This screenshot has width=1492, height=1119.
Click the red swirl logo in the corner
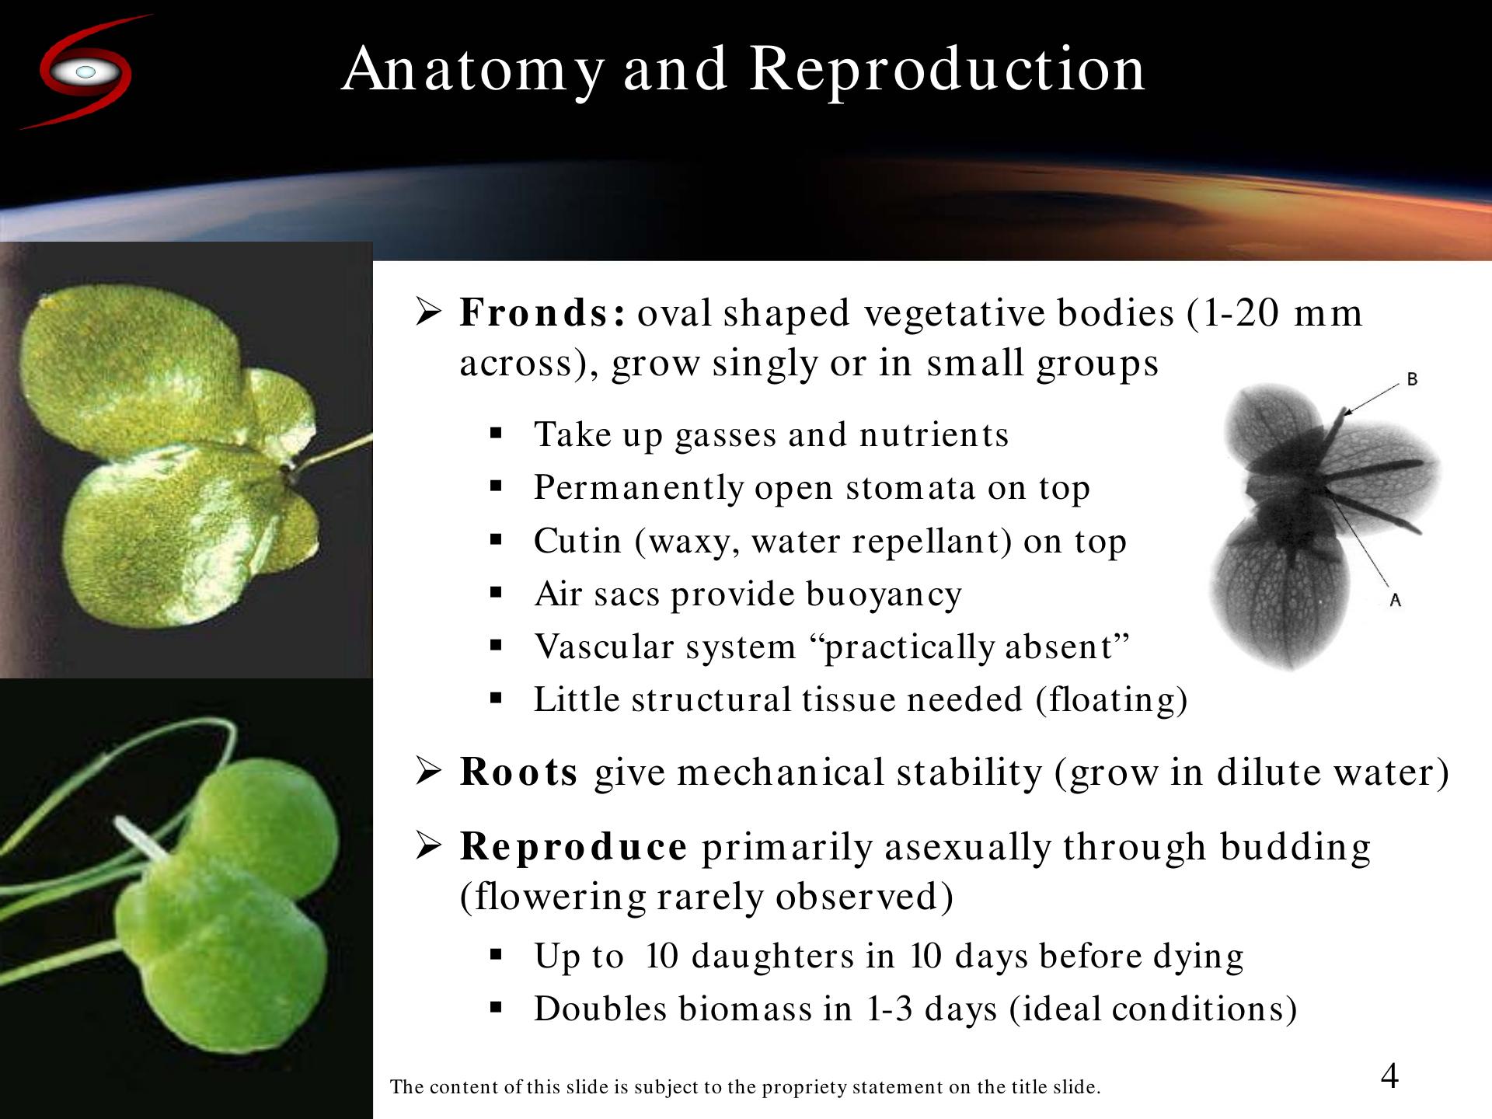click(x=84, y=71)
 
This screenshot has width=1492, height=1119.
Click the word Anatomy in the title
click(x=473, y=71)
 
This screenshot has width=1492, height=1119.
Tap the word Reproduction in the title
click(x=947, y=71)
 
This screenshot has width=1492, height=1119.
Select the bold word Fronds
click(x=542, y=312)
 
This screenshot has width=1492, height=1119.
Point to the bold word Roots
click(x=518, y=772)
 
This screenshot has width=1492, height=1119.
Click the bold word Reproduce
click(x=573, y=846)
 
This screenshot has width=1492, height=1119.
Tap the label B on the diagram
click(x=1412, y=379)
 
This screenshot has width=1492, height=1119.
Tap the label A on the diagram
click(x=1395, y=600)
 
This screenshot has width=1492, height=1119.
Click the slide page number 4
click(x=1389, y=1076)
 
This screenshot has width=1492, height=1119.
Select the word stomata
click(x=910, y=488)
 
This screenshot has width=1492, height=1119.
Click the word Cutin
click(x=577, y=541)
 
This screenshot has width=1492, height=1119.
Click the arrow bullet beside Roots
click(x=428, y=771)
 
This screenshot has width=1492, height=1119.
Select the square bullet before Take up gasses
click(x=496, y=434)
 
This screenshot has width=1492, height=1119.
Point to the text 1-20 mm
click(x=1275, y=312)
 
